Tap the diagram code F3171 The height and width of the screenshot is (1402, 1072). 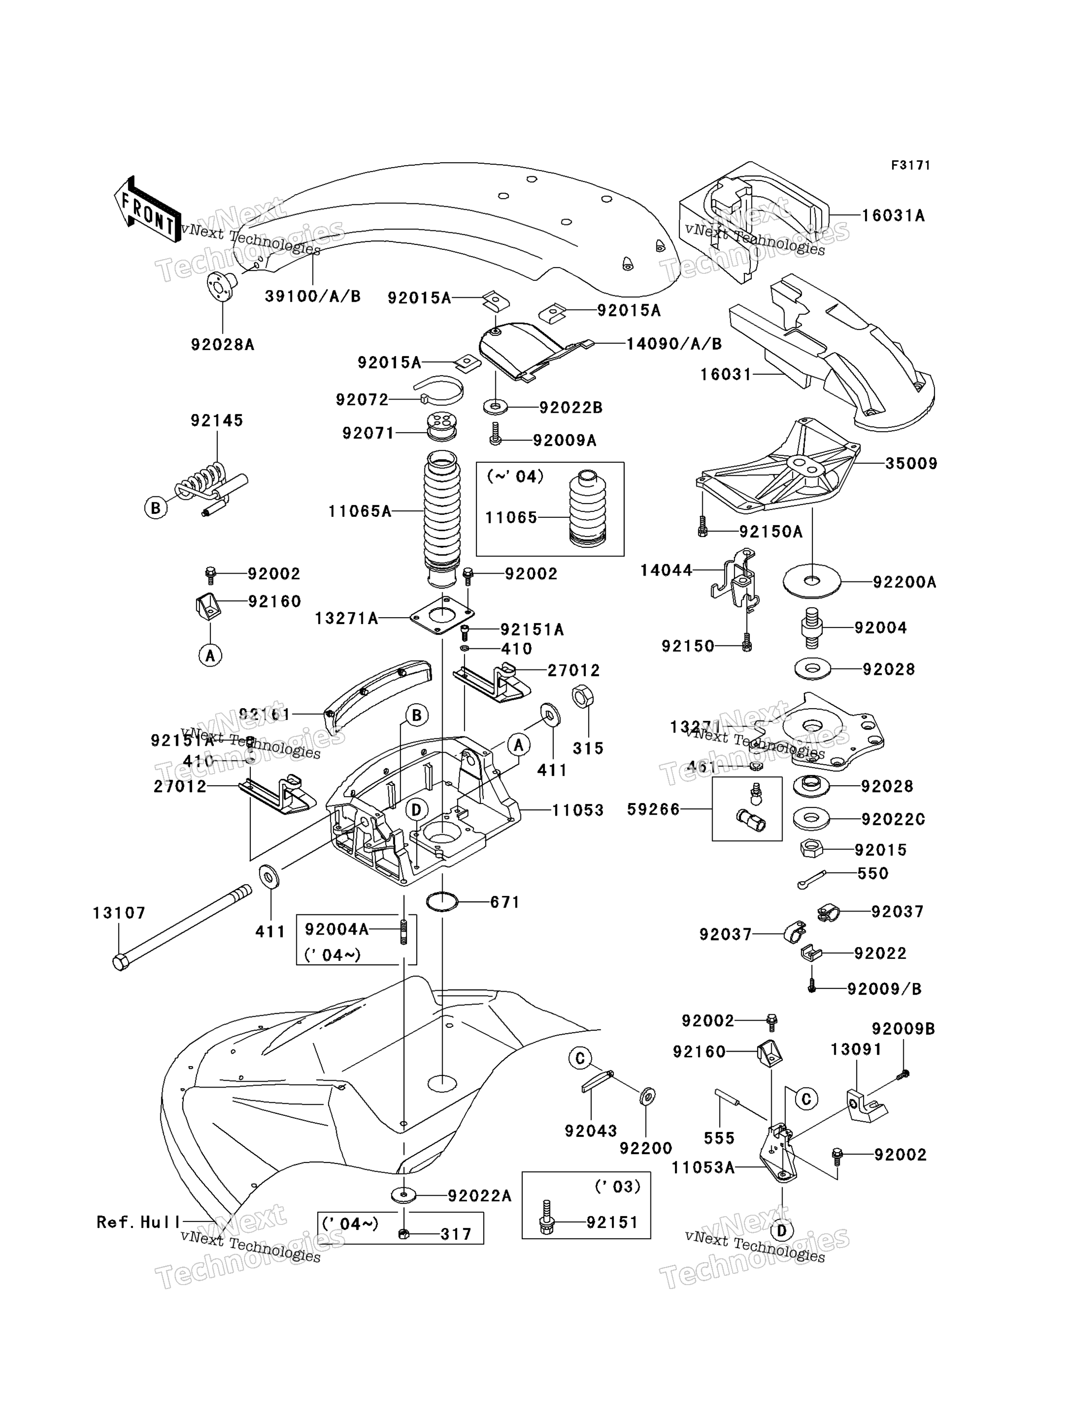[911, 165]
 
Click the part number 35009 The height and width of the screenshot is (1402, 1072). [911, 464]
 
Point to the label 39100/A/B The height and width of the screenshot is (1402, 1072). [313, 296]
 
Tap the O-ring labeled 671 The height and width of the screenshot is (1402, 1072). [442, 902]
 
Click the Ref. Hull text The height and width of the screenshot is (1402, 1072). [139, 1222]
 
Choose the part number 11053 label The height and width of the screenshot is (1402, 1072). [578, 810]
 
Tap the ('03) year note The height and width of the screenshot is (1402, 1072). [617, 1186]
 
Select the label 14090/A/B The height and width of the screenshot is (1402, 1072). [674, 344]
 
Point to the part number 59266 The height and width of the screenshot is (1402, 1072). [653, 810]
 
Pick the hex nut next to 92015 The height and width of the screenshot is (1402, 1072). [811, 849]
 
